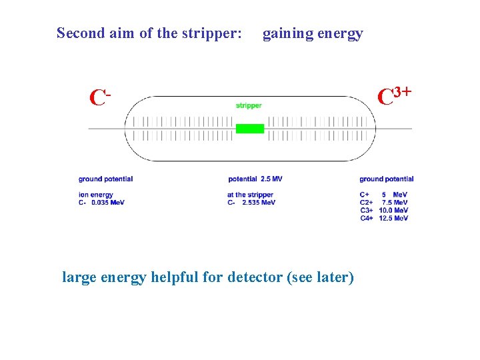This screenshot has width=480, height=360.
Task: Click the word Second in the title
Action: [80, 33]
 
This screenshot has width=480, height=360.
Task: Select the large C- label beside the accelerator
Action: [99, 98]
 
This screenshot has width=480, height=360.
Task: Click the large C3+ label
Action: [393, 96]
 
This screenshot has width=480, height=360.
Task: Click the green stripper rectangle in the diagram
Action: [250, 128]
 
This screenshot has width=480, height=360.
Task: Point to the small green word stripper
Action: [249, 105]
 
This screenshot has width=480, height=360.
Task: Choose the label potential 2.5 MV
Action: [255, 179]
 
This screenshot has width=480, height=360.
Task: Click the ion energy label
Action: [95, 195]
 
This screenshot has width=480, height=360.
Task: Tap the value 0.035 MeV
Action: [108, 202]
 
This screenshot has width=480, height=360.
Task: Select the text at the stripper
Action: [250, 195]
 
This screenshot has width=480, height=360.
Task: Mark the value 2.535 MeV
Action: [259, 202]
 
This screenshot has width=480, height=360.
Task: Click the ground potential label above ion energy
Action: [105, 179]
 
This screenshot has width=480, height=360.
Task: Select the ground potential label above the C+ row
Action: [386, 179]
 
